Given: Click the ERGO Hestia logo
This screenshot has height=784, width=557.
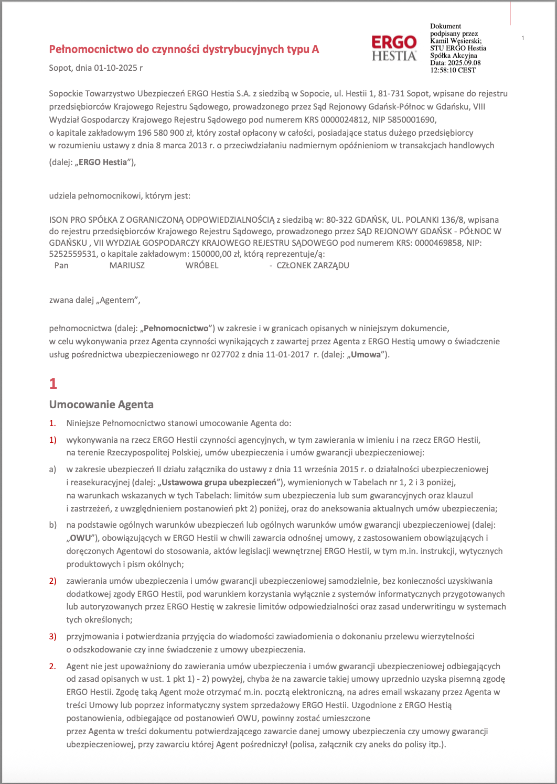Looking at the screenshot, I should (394, 48).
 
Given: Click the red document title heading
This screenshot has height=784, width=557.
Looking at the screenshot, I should (184, 49).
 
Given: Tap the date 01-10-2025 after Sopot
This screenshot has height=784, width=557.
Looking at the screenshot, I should (115, 68).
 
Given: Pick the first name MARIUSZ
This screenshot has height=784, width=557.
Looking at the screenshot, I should (127, 265).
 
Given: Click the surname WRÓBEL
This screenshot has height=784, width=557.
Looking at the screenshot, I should (202, 265).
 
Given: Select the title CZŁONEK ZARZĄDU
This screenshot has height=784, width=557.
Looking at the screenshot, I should (313, 265).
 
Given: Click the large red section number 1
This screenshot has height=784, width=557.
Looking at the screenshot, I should (53, 384).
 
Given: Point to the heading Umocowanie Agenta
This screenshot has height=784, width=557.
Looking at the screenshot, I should (101, 405).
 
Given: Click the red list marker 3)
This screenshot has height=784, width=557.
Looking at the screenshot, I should (52, 636).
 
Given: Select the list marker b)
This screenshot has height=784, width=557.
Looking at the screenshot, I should (52, 525).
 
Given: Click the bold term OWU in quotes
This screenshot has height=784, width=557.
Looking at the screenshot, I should (80, 538).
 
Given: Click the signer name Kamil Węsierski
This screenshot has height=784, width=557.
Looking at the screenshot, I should (455, 41).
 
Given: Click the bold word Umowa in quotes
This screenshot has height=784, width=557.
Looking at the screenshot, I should (366, 354).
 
